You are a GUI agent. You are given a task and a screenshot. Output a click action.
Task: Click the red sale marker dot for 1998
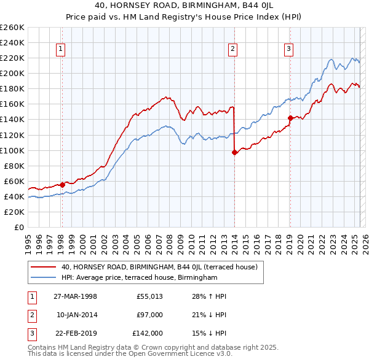coord(62,184)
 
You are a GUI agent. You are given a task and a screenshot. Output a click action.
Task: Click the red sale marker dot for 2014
coord(234,153)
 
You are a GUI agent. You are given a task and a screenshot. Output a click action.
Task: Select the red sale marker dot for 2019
coord(290,118)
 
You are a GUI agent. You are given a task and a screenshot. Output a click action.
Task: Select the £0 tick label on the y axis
coord(19,227)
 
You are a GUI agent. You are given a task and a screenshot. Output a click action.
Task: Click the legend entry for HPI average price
coord(140,278)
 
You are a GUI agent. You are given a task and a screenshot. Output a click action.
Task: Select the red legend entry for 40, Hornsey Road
coord(163,267)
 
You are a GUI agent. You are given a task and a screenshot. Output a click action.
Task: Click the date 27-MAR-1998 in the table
coord(76,296)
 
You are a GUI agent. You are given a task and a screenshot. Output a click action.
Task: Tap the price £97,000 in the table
coord(149,315)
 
